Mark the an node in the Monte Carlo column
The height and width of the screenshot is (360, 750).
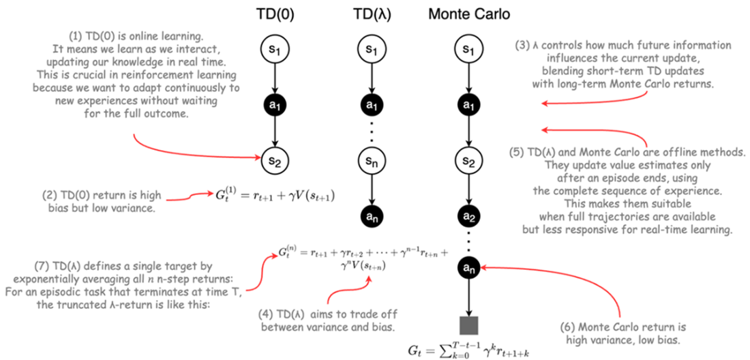pos(468,268)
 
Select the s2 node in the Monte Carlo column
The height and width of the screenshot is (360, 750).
pos(468,162)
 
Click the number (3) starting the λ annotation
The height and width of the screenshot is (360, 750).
pos(522,46)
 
